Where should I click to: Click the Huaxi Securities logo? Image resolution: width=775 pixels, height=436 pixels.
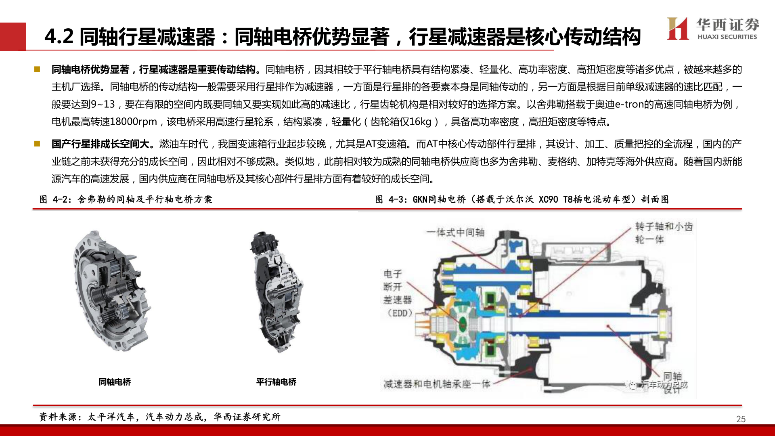pyautogui.click(x=713, y=29)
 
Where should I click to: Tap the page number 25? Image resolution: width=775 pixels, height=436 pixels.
pyautogui.click(x=741, y=419)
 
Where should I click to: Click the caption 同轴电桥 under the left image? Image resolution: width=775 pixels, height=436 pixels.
pyautogui.click(x=115, y=382)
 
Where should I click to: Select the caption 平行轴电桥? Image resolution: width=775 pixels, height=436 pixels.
pyautogui.click(x=276, y=382)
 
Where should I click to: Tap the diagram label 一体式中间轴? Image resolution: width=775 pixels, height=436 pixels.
pyautogui.click(x=455, y=233)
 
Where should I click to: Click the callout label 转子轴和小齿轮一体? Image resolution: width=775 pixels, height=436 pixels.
pyautogui.click(x=663, y=233)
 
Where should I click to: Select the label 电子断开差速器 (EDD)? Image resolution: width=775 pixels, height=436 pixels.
pyautogui.click(x=398, y=293)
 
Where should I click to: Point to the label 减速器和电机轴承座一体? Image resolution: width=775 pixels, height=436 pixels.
pyautogui.click(x=437, y=384)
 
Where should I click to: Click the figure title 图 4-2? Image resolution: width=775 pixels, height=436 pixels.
pyautogui.click(x=126, y=199)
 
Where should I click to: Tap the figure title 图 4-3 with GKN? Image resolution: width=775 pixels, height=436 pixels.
pyautogui.click(x=522, y=199)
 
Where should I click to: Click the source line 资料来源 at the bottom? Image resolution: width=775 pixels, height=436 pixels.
pyautogui.click(x=159, y=417)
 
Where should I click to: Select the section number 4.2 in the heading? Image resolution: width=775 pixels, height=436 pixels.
pyautogui.click(x=59, y=36)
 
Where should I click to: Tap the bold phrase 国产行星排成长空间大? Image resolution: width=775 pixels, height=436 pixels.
pyautogui.click(x=103, y=144)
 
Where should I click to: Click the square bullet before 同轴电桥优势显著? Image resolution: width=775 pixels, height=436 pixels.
pyautogui.click(x=37, y=69)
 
